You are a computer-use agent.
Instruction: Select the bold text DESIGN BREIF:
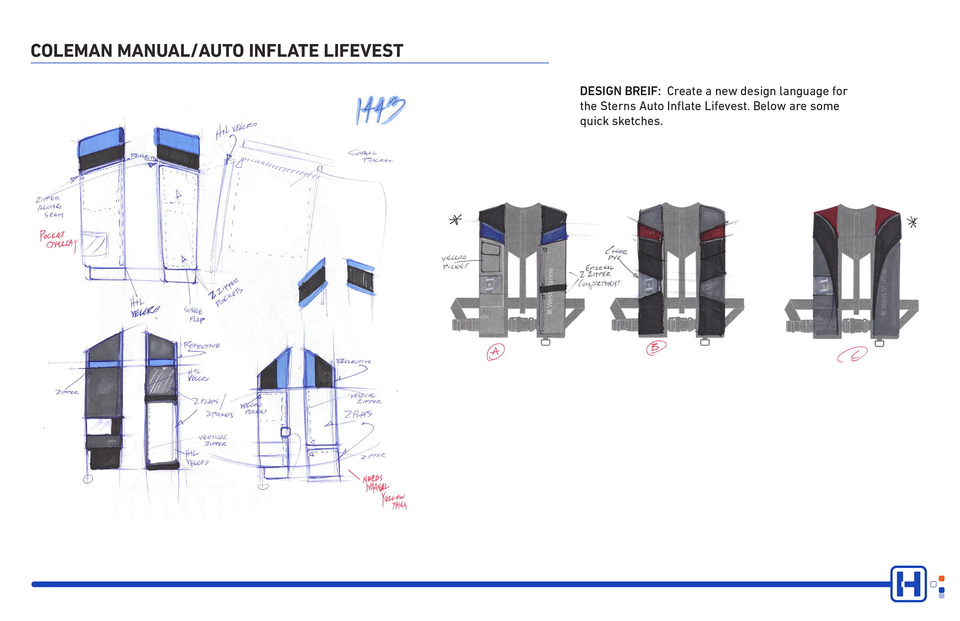(620, 91)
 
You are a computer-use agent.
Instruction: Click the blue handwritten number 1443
(380, 110)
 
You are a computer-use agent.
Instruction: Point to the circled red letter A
(495, 351)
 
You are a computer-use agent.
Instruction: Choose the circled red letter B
(655, 347)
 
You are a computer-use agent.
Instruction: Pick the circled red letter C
(852, 355)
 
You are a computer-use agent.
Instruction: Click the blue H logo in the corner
(908, 583)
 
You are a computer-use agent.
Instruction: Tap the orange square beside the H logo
(941, 578)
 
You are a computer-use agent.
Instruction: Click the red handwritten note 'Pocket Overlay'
(57, 240)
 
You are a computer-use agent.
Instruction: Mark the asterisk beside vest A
(455, 219)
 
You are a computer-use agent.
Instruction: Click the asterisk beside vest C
(912, 222)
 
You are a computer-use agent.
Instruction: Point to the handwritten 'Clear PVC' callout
(616, 253)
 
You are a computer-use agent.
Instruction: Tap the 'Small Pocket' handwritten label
(370, 156)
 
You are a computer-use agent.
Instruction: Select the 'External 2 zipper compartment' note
(599, 275)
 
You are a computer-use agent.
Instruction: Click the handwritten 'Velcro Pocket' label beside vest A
(454, 262)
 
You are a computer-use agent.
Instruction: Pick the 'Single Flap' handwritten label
(194, 314)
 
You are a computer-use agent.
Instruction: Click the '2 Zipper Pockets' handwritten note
(226, 293)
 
